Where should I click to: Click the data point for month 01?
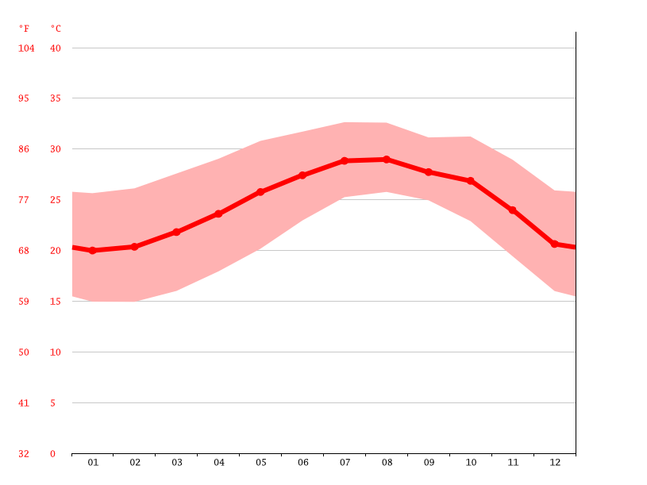pos(93,251)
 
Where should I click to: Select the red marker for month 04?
pos(218,214)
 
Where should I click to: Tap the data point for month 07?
pos(345,161)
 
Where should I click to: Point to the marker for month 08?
pos(387,160)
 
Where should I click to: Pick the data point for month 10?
pos(471,181)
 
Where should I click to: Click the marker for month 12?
pos(554,244)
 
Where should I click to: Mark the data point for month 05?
pos(260,192)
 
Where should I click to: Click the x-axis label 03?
pos(177,462)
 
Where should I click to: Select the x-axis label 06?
pos(302,462)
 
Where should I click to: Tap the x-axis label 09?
pos(429,462)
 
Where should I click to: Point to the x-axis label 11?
pos(513,462)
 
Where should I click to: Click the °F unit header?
pos(24,29)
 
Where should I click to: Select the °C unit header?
pos(56,29)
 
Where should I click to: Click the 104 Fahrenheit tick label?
pos(27,48)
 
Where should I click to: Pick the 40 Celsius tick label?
pos(55,48)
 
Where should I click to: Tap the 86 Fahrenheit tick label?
pos(24,149)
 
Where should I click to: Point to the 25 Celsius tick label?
pos(55,200)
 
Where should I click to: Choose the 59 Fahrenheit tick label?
pos(24,302)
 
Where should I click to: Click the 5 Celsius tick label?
pos(53,403)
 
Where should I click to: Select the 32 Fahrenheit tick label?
pos(24,454)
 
